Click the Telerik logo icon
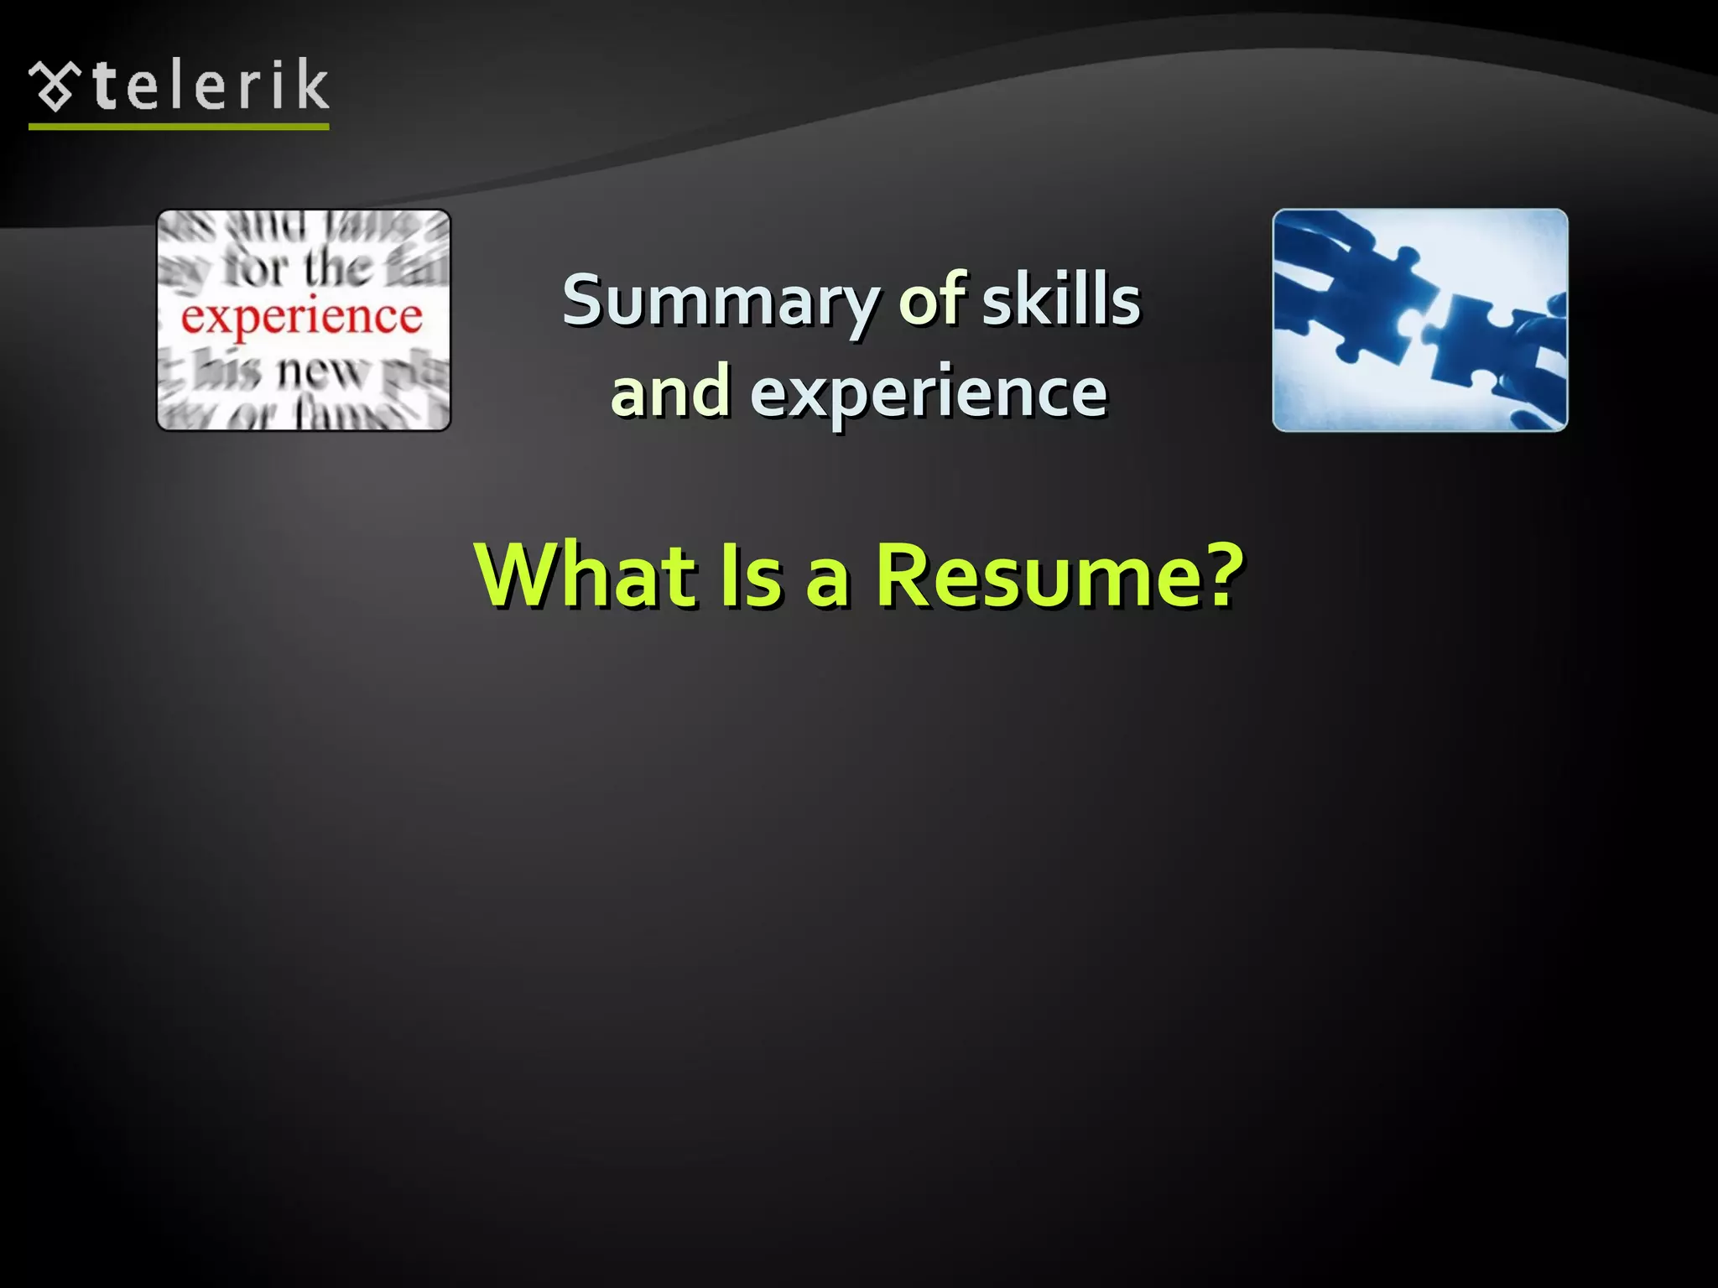tap(55, 86)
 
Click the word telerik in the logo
tap(211, 86)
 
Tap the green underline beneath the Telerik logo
tap(179, 127)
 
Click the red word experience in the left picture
tap(302, 318)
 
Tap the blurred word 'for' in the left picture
tap(257, 269)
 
